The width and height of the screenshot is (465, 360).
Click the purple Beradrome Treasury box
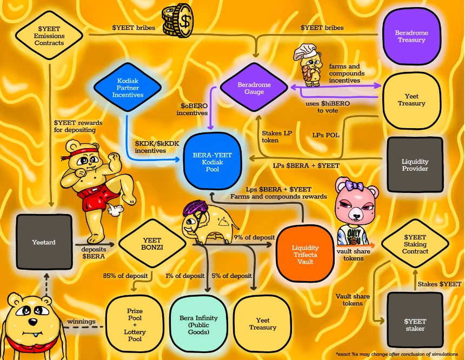point(411,36)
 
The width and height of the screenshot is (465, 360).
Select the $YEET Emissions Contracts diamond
point(49,36)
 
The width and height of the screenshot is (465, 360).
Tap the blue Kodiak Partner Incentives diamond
point(128,88)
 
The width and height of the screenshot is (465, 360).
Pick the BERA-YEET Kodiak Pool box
point(212,162)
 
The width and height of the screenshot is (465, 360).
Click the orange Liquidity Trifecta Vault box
point(305,254)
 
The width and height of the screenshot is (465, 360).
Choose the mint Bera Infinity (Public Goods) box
point(198,325)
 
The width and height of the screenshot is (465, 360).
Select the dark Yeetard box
point(44,242)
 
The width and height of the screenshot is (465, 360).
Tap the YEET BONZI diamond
point(152,244)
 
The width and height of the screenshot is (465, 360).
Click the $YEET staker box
point(415,325)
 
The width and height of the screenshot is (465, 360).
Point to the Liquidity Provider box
point(415,165)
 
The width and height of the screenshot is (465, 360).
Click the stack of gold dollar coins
point(178,20)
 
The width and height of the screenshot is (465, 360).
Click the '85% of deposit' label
point(125,276)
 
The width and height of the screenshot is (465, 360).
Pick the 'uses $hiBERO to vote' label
point(328,107)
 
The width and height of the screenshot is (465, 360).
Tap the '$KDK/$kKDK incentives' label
point(157,147)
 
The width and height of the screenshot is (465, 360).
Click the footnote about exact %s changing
point(397,354)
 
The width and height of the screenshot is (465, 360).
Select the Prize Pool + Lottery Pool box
point(135,325)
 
